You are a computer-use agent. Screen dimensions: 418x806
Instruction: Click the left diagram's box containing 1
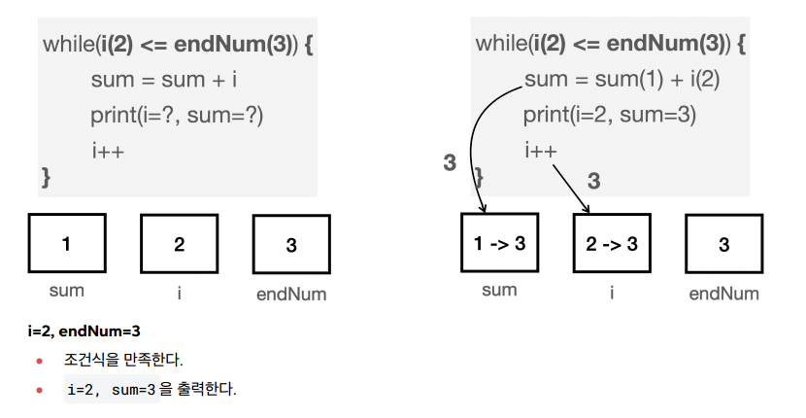[x=66, y=243]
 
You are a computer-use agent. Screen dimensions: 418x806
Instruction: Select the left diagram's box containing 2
[x=179, y=244]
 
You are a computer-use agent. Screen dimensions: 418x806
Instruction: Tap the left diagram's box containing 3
[x=291, y=245]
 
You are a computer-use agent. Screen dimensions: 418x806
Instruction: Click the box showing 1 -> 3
[x=499, y=243]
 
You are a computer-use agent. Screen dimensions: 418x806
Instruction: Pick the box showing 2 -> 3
[x=612, y=243]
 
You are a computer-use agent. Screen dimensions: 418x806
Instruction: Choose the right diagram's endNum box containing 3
[x=723, y=244]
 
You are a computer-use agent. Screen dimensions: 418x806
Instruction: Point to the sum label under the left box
[x=66, y=290]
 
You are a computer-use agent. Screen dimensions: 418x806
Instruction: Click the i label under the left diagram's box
[x=180, y=291]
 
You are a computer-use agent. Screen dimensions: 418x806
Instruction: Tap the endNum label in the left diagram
[x=291, y=294]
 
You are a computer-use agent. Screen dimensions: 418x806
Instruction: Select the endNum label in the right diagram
[x=723, y=294]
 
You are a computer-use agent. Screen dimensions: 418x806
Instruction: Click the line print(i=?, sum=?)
[x=177, y=116]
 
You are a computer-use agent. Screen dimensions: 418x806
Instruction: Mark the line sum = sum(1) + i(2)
[x=621, y=80]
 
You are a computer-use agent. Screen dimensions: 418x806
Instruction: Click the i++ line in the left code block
[x=108, y=151]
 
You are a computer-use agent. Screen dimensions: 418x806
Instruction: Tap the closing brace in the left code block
[x=45, y=178]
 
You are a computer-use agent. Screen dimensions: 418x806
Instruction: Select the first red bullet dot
[x=40, y=362]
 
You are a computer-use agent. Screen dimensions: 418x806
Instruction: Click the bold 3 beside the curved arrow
[x=450, y=163]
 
